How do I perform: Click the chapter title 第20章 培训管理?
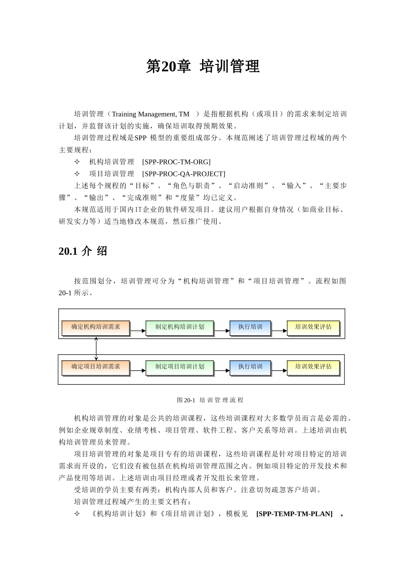click(x=203, y=67)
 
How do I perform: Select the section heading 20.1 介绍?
click(x=83, y=251)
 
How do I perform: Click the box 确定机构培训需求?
click(x=96, y=327)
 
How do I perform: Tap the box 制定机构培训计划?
click(x=179, y=327)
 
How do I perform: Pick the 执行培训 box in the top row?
click(x=250, y=327)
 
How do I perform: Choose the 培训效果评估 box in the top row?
click(x=313, y=327)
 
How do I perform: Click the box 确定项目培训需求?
click(x=96, y=367)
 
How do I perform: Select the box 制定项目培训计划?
click(x=179, y=367)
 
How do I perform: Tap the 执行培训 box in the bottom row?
click(x=250, y=367)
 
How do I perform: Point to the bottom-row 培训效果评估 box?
click(x=313, y=367)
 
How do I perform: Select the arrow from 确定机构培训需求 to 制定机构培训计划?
click(x=138, y=331)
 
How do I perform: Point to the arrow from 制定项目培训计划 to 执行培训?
click(x=222, y=371)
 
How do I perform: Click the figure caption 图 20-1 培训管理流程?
click(x=210, y=400)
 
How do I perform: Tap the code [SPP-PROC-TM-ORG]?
click(x=176, y=162)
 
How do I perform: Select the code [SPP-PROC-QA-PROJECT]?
click(x=183, y=174)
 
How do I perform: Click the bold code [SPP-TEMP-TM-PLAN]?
click(x=294, y=514)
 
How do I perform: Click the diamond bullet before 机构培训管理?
click(x=77, y=162)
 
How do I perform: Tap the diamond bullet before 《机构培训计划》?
click(x=77, y=514)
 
